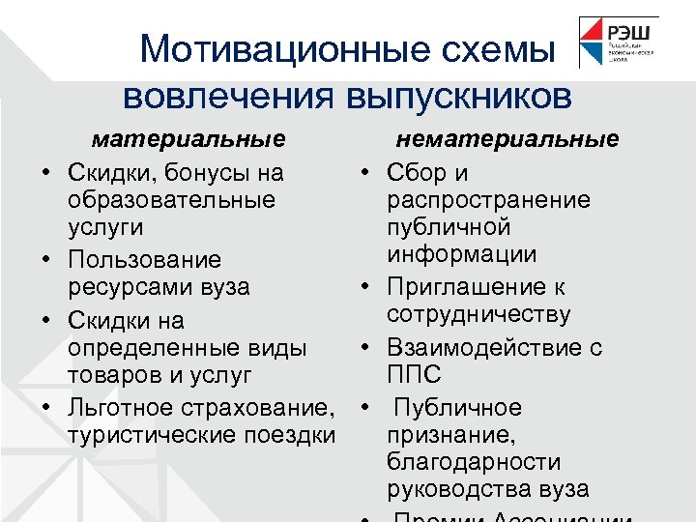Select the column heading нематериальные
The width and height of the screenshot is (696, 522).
[x=507, y=139]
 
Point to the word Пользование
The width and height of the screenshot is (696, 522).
[x=144, y=260]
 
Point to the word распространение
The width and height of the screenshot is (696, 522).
[x=488, y=200]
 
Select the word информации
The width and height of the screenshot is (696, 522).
[x=462, y=254]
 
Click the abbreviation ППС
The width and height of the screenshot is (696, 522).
[x=414, y=374]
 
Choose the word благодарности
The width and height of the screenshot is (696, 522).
[x=473, y=462]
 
